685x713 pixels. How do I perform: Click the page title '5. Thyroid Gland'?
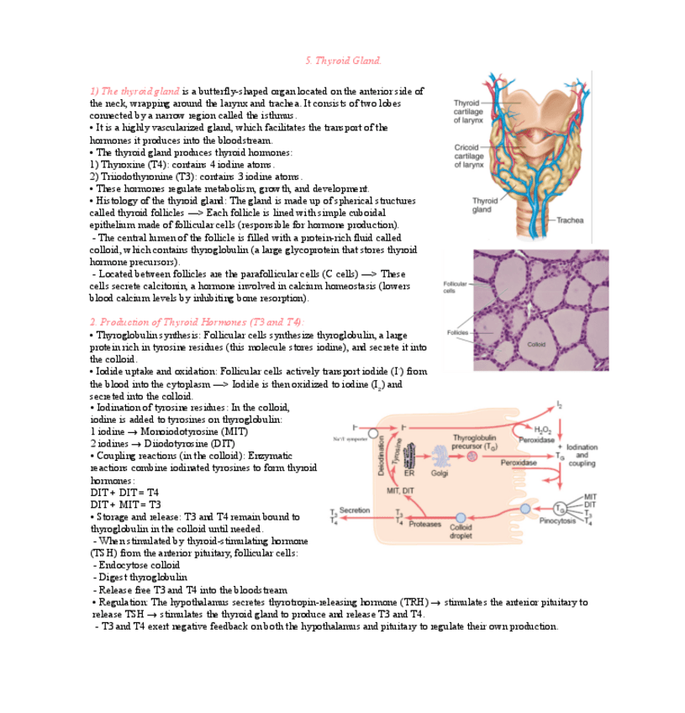342,61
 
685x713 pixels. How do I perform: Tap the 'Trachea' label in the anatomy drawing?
569,220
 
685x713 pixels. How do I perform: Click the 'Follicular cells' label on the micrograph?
455,287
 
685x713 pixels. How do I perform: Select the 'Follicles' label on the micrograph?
457,332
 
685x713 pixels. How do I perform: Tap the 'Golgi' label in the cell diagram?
440,473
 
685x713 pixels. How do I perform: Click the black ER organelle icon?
410,457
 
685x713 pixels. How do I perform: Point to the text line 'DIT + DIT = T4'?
124,492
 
